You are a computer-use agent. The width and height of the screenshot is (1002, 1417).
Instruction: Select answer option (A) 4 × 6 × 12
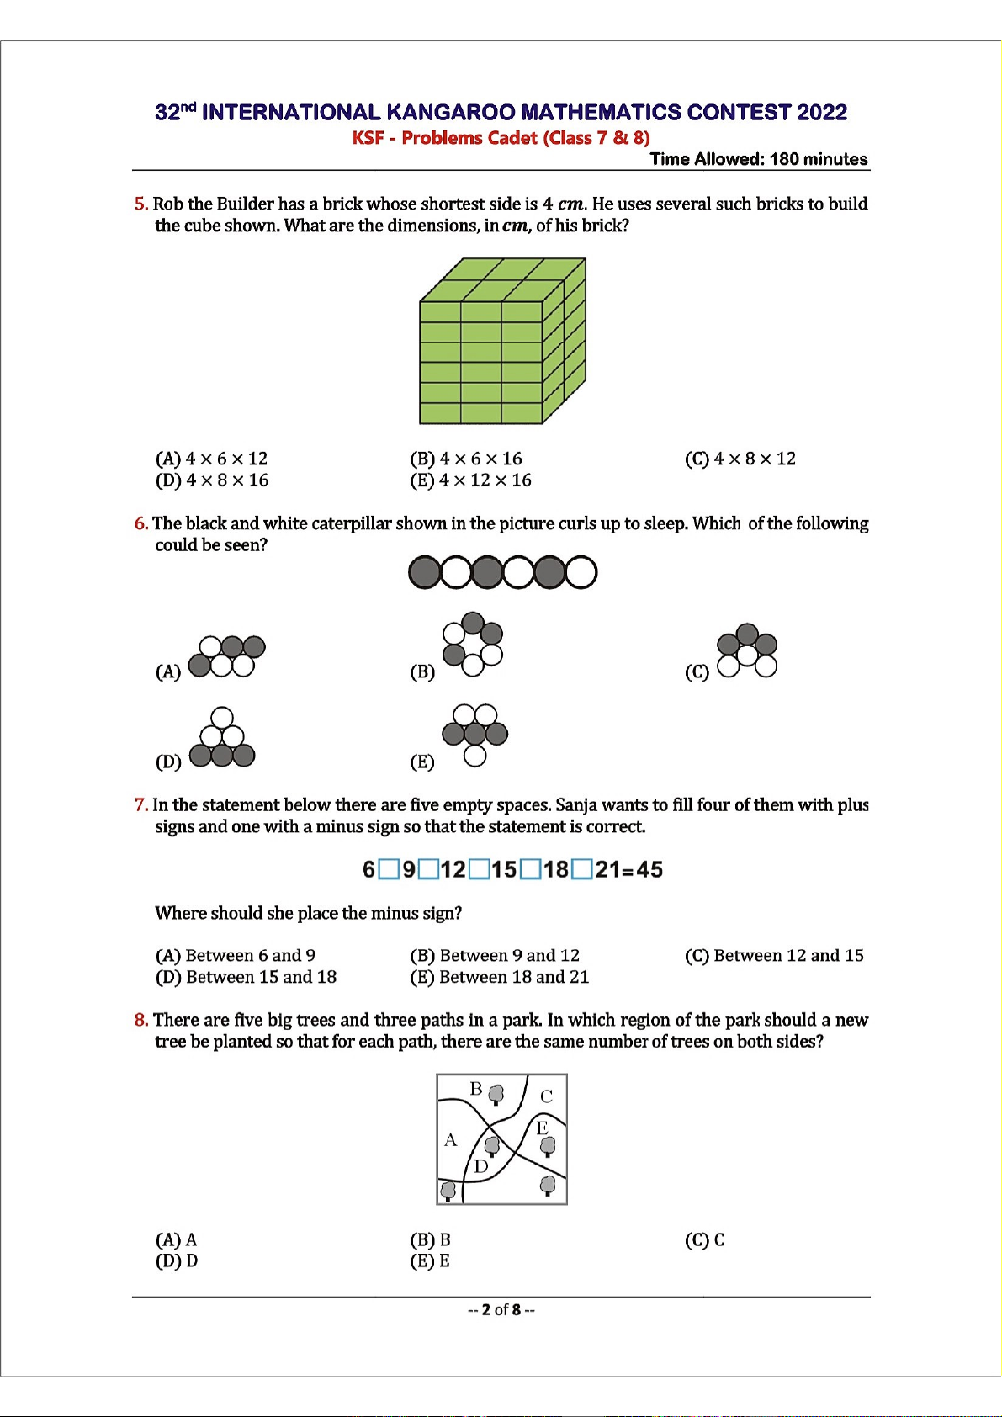(211, 459)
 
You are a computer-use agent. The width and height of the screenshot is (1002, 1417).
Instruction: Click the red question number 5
(140, 204)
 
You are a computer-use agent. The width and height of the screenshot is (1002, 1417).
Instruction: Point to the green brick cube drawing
(501, 341)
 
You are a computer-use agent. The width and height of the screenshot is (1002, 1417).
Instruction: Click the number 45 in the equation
(649, 869)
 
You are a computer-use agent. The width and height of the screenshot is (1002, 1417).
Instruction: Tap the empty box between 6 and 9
(389, 869)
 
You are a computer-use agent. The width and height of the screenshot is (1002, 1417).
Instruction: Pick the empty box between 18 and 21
(581, 869)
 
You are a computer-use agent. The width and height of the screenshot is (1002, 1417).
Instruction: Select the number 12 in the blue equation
(453, 869)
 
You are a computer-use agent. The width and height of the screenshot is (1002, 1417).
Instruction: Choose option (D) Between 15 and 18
(246, 977)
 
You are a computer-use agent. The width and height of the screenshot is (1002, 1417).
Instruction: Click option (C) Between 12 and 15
(774, 955)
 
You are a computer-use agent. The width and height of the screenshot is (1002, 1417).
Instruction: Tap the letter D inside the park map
(481, 1166)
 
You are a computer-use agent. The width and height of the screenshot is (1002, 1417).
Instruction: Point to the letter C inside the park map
(546, 1096)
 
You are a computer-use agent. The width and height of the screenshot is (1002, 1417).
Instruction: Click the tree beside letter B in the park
(496, 1094)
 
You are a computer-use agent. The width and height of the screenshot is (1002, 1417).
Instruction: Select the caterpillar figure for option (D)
(221, 738)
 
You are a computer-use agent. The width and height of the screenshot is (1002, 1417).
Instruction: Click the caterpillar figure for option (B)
(473, 644)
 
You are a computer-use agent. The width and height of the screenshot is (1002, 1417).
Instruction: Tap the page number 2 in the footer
(485, 1309)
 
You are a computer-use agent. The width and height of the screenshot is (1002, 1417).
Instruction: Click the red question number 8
(140, 1020)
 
